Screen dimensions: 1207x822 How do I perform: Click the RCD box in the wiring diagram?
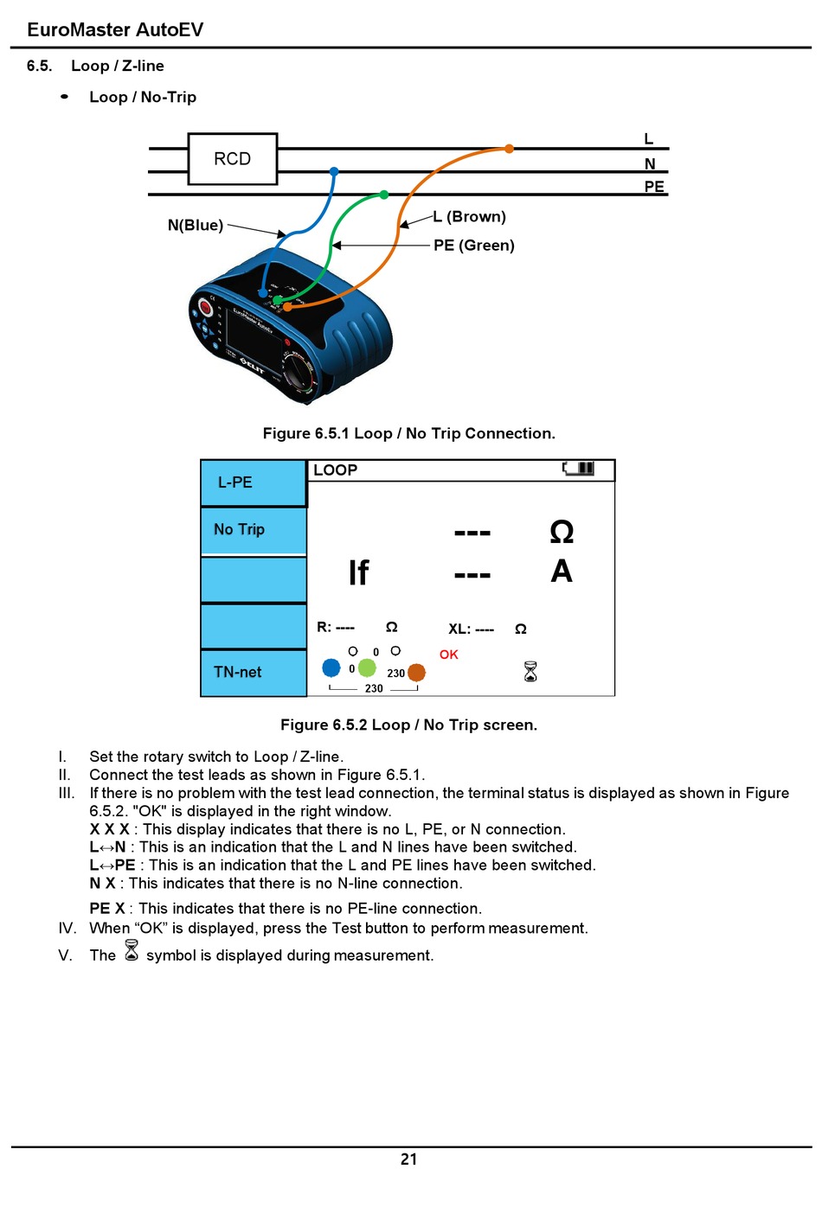(x=232, y=159)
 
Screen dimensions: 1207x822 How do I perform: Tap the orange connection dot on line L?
(x=509, y=149)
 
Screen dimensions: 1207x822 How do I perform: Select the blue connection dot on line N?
(x=334, y=171)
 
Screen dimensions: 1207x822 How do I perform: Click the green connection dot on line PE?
(x=384, y=195)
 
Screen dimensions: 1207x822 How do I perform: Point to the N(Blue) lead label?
(x=196, y=226)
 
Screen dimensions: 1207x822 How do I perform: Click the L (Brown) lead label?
(x=470, y=217)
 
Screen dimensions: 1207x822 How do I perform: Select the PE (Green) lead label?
(x=474, y=246)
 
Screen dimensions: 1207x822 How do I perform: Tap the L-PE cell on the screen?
(x=253, y=482)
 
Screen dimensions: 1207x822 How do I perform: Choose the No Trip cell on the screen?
(x=253, y=529)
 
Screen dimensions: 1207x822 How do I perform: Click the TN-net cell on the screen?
(x=253, y=672)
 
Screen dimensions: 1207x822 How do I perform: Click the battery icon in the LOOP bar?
(x=580, y=469)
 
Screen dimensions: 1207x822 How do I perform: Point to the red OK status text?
(x=448, y=655)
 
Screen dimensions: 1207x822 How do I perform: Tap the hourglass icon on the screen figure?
(x=530, y=671)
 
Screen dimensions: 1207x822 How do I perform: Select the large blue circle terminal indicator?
(x=331, y=667)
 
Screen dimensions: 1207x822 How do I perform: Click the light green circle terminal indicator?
(x=367, y=667)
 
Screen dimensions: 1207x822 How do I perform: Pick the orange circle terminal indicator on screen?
(x=416, y=672)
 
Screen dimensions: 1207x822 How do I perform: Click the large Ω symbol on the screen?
(x=562, y=531)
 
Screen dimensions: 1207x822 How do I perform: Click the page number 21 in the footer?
(x=409, y=1159)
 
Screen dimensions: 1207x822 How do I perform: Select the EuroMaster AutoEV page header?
(x=115, y=29)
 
